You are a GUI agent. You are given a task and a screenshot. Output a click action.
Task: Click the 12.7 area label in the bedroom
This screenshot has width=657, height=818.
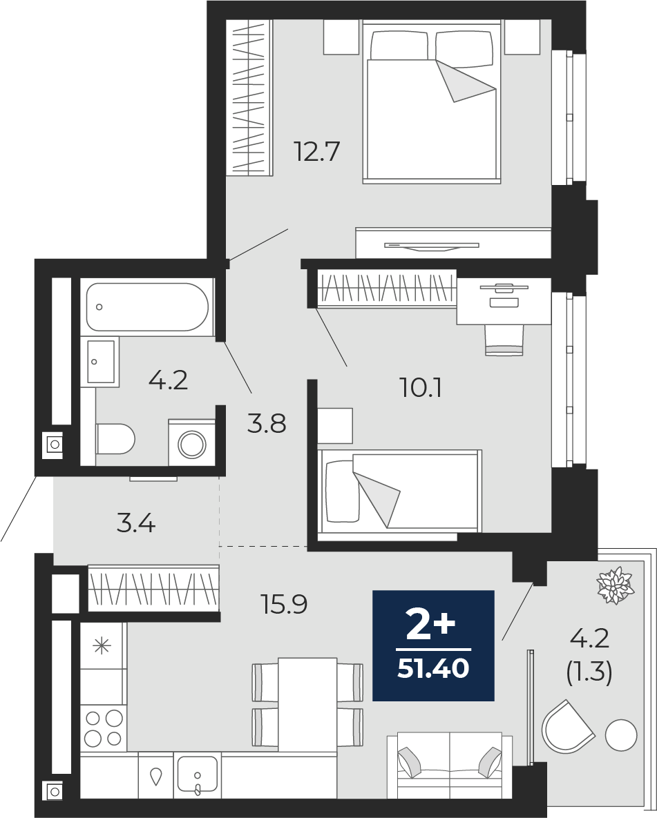click(317, 152)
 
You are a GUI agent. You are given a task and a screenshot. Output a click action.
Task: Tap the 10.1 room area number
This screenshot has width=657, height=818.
click(421, 388)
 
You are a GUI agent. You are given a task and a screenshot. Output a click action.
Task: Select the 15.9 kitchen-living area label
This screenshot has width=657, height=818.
click(283, 604)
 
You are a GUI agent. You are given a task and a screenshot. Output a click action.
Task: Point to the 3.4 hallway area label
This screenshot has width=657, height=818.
click(136, 523)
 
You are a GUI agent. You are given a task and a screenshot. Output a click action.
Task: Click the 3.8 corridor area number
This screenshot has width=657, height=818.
click(267, 424)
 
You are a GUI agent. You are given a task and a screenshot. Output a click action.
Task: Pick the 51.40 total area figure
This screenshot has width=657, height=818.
click(433, 669)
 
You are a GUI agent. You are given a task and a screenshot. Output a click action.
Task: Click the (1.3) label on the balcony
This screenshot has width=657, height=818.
click(589, 673)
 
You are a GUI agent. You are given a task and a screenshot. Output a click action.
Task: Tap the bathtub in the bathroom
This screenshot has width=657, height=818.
click(148, 306)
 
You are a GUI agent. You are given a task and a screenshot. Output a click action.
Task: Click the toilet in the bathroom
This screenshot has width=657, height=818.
click(115, 439)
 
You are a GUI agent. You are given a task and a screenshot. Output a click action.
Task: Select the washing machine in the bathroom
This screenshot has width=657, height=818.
click(192, 442)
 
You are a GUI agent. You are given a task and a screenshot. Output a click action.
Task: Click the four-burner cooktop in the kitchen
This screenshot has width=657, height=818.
click(104, 728)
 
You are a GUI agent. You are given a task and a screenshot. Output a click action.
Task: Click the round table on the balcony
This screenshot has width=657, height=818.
click(621, 735)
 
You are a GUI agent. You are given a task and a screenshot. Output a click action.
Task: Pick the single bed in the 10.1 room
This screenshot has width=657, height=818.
click(400, 491)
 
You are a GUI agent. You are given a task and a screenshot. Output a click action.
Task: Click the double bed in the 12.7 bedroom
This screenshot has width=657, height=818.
click(432, 101)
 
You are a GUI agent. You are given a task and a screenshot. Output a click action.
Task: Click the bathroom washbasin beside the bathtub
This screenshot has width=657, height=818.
click(100, 362)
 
